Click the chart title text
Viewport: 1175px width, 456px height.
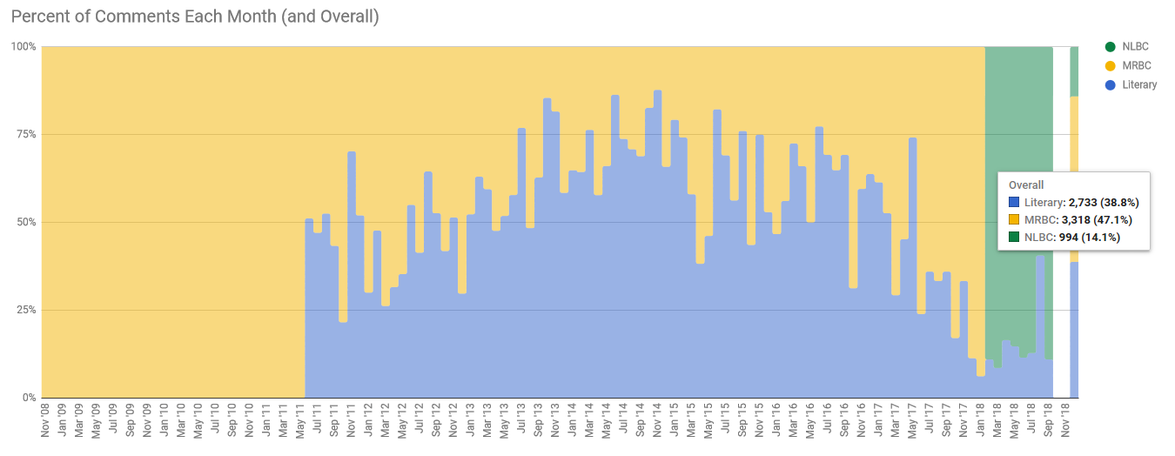[195, 17]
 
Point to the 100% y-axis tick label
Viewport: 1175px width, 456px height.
[23, 46]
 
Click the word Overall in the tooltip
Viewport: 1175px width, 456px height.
[1026, 185]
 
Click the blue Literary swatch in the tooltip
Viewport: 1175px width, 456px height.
[1014, 203]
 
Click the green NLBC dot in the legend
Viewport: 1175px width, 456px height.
[1110, 46]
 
